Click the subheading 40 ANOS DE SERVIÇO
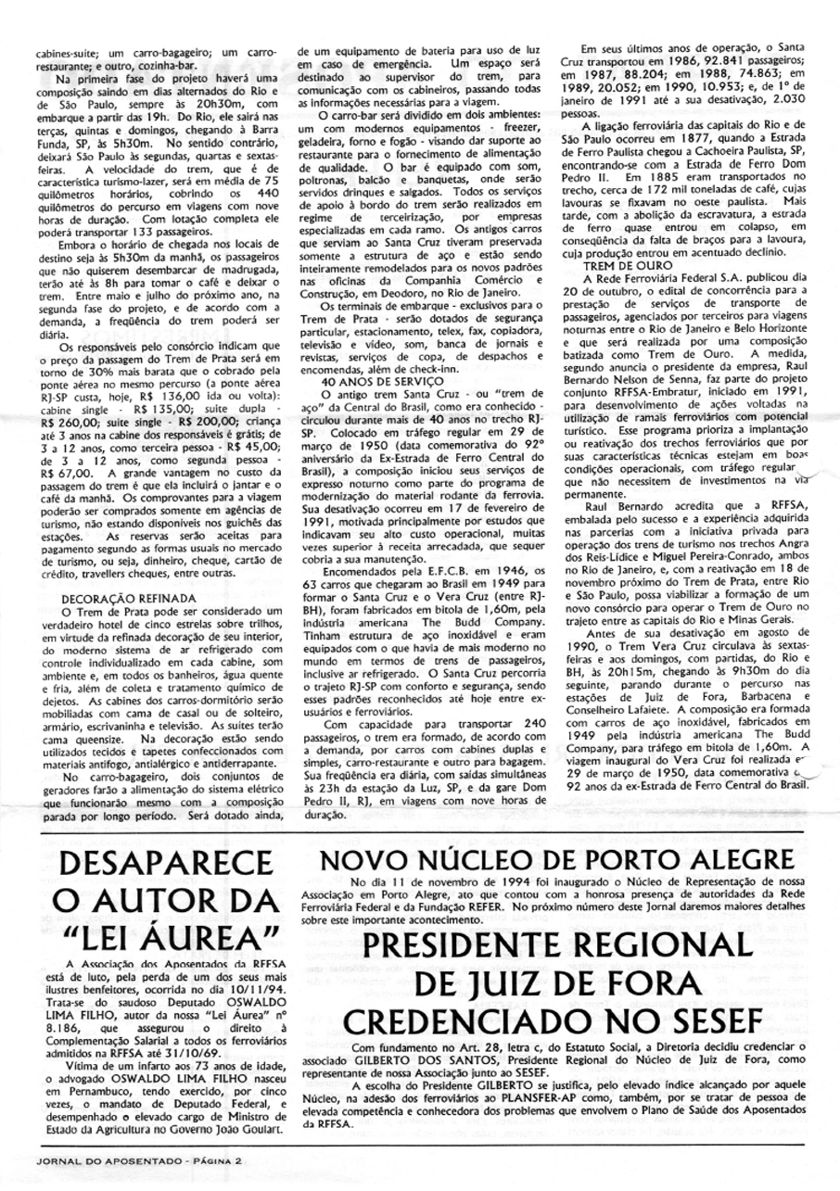click(x=370, y=381)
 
